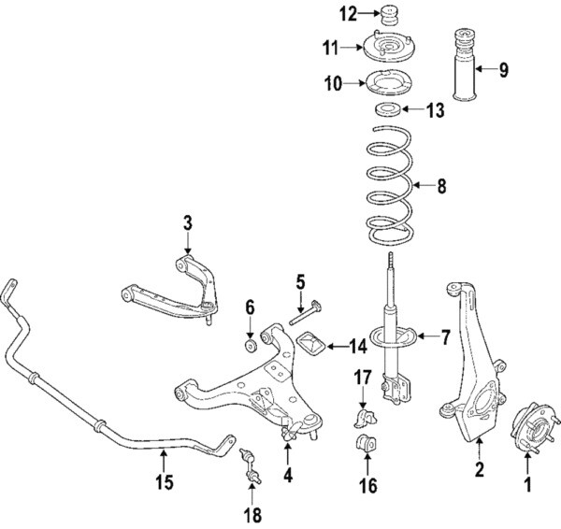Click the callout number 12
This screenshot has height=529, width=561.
pos(348,13)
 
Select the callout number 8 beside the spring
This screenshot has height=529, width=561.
pos(441,186)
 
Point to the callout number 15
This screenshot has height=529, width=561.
pos(164,482)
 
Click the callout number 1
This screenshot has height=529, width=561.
pos(526,485)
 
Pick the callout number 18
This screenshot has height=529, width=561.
pos(250,513)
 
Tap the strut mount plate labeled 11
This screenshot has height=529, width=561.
pos(387,45)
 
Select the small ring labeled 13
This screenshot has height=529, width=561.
pos(388,112)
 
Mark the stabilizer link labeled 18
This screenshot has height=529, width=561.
pos(250,465)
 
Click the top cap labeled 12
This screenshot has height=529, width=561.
pos(388,15)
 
